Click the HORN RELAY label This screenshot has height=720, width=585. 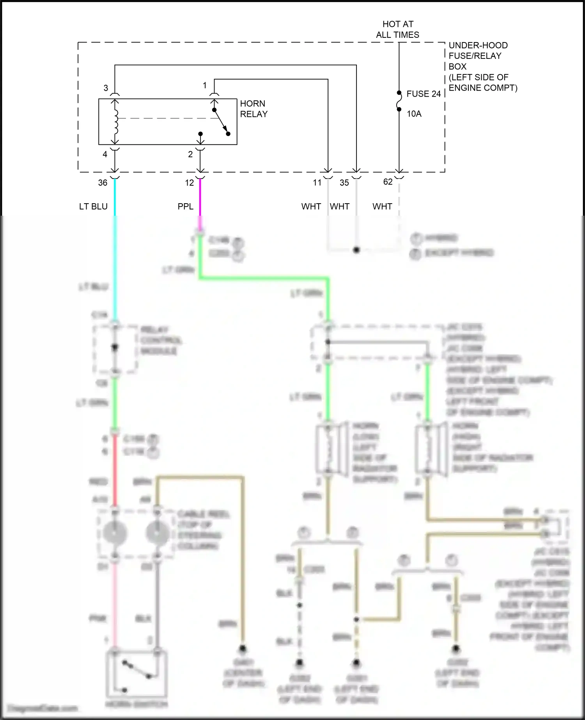[253, 109]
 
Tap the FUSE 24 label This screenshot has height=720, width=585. [423, 94]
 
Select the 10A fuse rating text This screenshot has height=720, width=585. [414, 114]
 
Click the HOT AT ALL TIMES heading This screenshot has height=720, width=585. [397, 30]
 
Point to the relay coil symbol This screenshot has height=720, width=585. [115, 121]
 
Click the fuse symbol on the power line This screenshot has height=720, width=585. [399, 101]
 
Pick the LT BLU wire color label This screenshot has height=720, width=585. [93, 207]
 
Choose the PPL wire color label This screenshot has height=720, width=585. [185, 207]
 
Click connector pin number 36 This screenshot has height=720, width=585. [103, 183]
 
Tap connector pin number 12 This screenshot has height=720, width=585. [189, 183]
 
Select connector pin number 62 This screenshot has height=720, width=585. [388, 182]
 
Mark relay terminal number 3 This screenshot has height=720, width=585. [106, 88]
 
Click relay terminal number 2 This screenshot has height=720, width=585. [190, 154]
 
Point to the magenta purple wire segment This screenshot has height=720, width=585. [200, 199]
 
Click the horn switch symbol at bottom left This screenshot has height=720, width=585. [137, 674]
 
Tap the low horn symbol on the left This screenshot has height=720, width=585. [331, 449]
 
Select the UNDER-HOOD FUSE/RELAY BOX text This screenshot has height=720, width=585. [482, 66]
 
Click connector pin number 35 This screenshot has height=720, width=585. [344, 183]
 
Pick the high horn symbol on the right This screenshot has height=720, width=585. [431, 449]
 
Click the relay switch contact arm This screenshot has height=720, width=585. [221, 121]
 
